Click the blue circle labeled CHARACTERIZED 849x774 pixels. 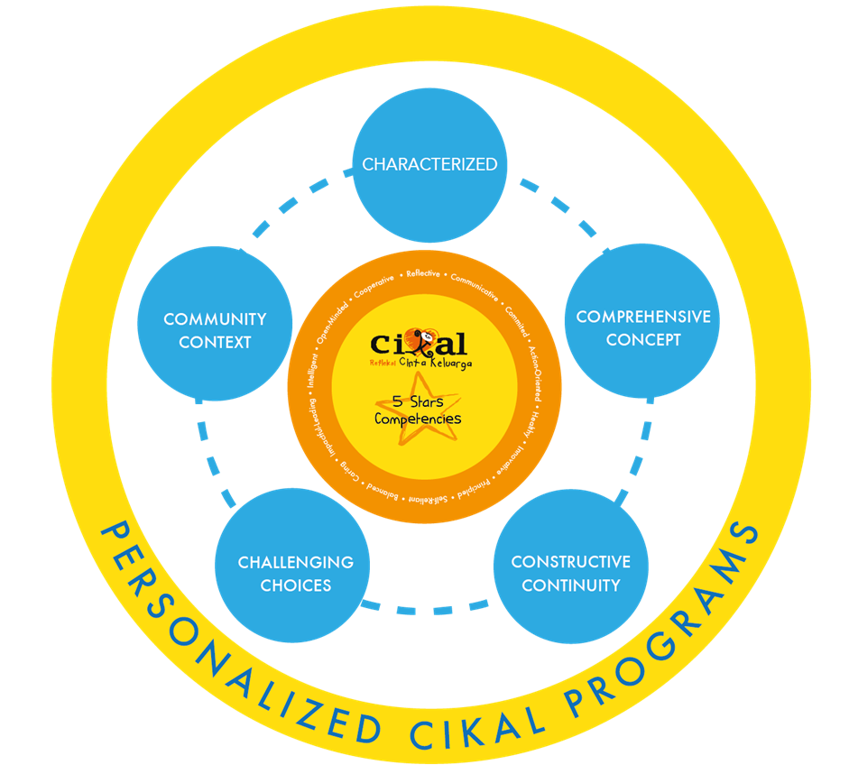[429, 164]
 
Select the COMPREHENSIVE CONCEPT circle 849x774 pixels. [642, 328]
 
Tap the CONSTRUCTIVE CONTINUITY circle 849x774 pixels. [570, 574]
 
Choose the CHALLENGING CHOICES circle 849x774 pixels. [296, 574]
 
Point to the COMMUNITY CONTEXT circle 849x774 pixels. [215, 330]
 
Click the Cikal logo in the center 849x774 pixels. [420, 346]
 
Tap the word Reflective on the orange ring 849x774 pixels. [423, 273]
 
